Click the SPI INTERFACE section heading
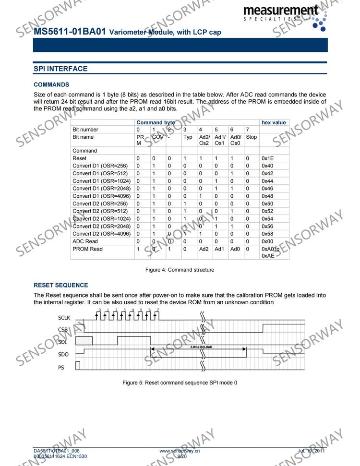[60, 69]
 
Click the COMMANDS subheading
[51, 84]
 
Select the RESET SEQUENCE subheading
[61, 285]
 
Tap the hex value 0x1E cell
[268, 158]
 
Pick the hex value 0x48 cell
[268, 196]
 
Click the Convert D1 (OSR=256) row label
[100, 166]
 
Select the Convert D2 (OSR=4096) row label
[102, 234]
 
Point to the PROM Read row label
[87, 249]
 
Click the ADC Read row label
[85, 241]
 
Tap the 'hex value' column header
[274, 122]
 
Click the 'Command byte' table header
[156, 122]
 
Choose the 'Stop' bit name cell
[251, 137]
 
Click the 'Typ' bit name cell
[188, 137]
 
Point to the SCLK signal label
[64, 318]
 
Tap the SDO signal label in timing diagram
[63, 355]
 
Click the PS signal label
[61, 367]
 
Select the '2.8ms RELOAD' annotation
[201, 347]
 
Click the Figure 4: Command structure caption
[180, 270]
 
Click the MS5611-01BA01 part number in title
[70, 32]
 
